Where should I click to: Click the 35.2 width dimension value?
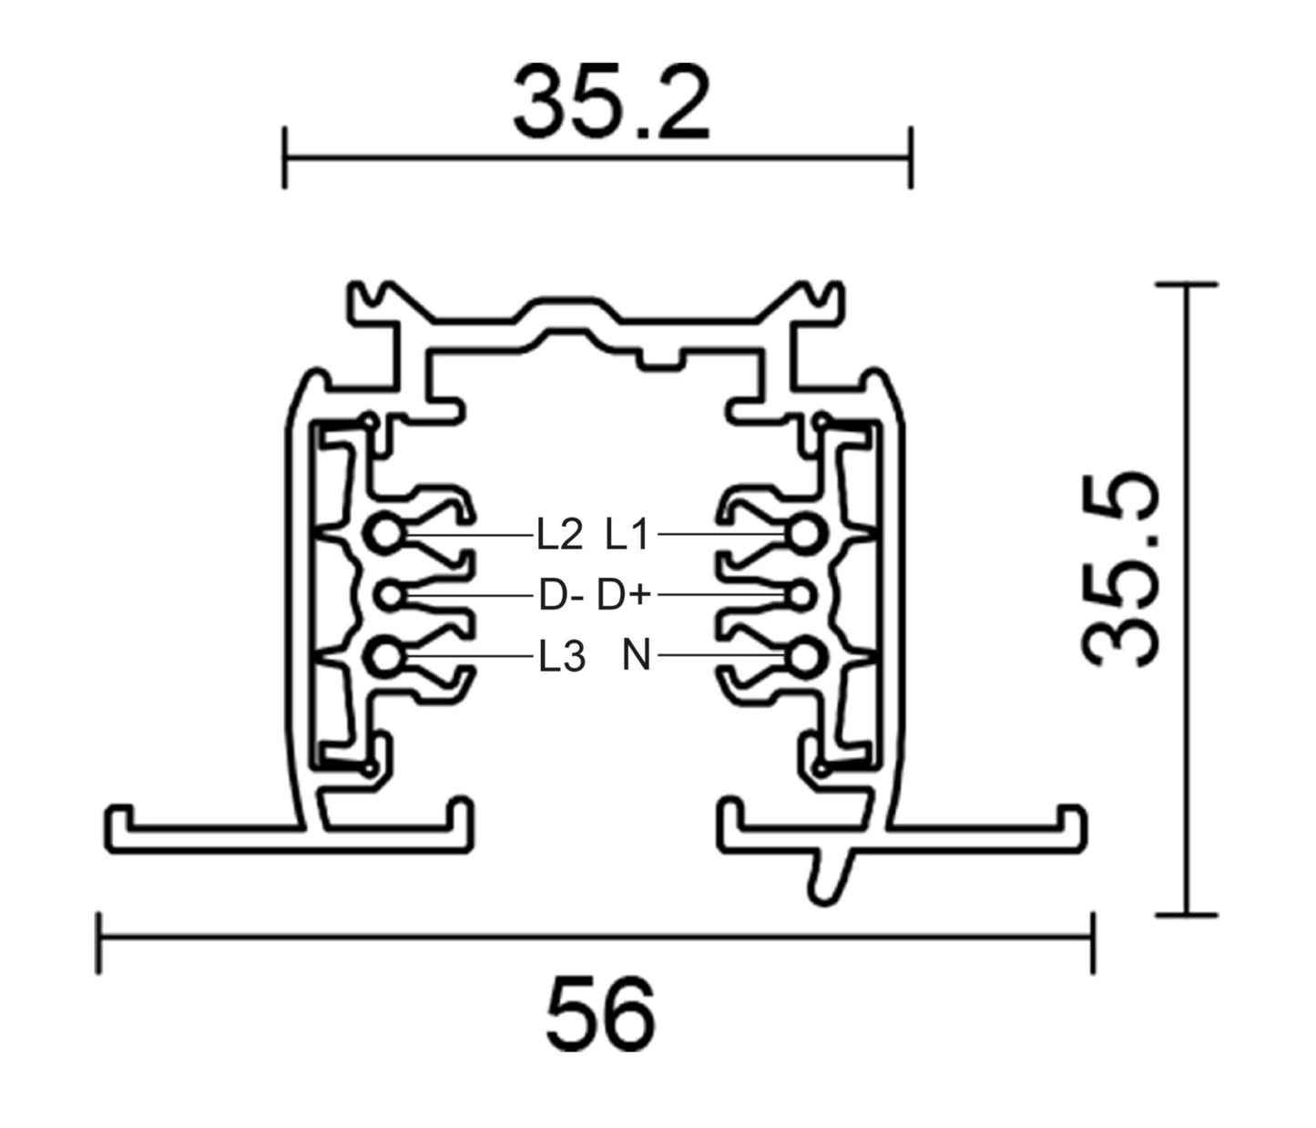click(610, 101)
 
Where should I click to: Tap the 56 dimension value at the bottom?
click(600, 1013)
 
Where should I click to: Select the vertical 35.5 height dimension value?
click(1123, 569)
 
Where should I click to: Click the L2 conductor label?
click(558, 535)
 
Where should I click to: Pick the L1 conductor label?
click(627, 535)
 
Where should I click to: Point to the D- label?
click(560, 597)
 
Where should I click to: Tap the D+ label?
click(624, 597)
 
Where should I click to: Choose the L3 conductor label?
click(560, 656)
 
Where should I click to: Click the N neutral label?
click(637, 655)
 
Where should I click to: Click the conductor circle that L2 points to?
click(386, 535)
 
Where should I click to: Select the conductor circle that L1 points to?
click(805, 535)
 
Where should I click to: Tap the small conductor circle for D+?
click(801, 596)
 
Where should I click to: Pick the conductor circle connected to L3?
click(386, 656)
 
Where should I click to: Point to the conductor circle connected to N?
click(805, 656)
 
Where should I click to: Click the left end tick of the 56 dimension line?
click(98, 942)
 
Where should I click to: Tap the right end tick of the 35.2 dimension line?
click(910, 158)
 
